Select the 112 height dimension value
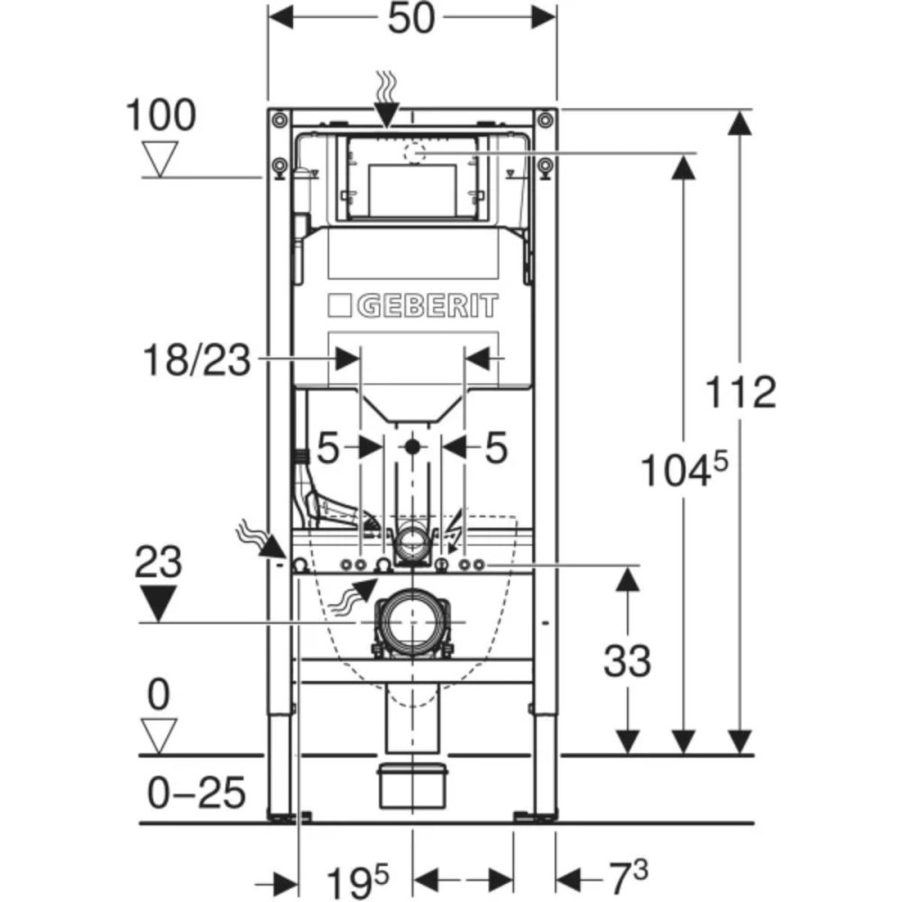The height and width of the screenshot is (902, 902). coord(740,392)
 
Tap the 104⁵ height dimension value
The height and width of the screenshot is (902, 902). coord(683,469)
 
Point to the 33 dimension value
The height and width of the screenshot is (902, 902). coord(626,661)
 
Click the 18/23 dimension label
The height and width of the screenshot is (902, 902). coord(194,359)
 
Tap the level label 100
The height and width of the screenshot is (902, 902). coord(160,115)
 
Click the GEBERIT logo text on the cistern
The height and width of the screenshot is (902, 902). coord(428,306)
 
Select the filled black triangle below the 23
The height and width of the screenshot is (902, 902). coord(158,603)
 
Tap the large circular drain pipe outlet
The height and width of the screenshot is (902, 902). coord(411,622)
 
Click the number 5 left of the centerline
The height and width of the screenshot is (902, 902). coord(327,447)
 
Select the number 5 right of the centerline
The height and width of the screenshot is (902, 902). coord(496,447)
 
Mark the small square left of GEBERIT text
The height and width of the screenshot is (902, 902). coord(339,306)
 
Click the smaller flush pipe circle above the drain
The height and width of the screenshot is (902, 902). coord(412,541)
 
